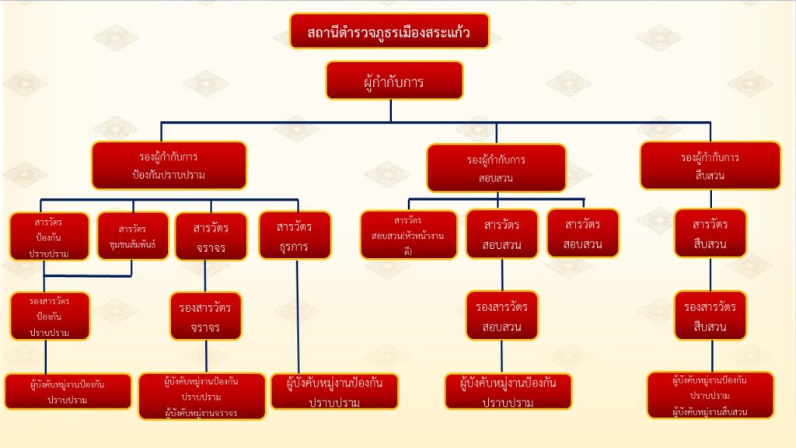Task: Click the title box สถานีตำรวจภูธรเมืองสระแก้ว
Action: (x=389, y=31)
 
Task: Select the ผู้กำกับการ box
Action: (x=394, y=80)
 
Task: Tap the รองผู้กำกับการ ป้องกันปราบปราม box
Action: (x=169, y=165)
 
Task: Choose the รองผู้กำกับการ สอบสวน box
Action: (x=496, y=168)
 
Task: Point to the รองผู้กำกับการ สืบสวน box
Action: (x=710, y=165)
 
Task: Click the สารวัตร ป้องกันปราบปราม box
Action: (x=49, y=236)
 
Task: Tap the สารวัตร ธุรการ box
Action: (x=295, y=236)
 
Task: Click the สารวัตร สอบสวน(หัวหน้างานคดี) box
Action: (x=408, y=235)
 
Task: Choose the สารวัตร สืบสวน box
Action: (x=710, y=233)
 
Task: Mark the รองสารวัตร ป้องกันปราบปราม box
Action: (x=50, y=316)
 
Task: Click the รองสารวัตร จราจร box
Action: (x=205, y=316)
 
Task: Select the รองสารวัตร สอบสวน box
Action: (x=501, y=316)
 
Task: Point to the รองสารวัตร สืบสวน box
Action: (x=710, y=316)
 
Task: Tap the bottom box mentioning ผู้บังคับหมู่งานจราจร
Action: (x=202, y=397)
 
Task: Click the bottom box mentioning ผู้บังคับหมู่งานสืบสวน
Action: (x=710, y=395)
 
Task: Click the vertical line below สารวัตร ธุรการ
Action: (x=297, y=315)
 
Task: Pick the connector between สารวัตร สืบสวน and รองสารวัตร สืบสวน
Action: (x=710, y=274)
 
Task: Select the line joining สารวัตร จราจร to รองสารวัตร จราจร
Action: (x=205, y=275)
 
